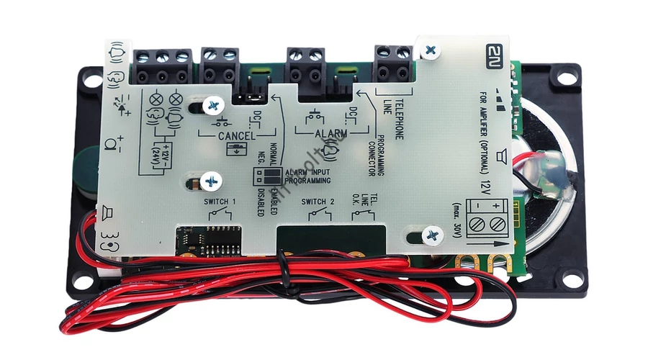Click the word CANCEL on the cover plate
coord(227,135)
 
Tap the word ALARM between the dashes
coord(330,134)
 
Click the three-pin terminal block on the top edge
coord(163,66)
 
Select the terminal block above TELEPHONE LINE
coord(393,63)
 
